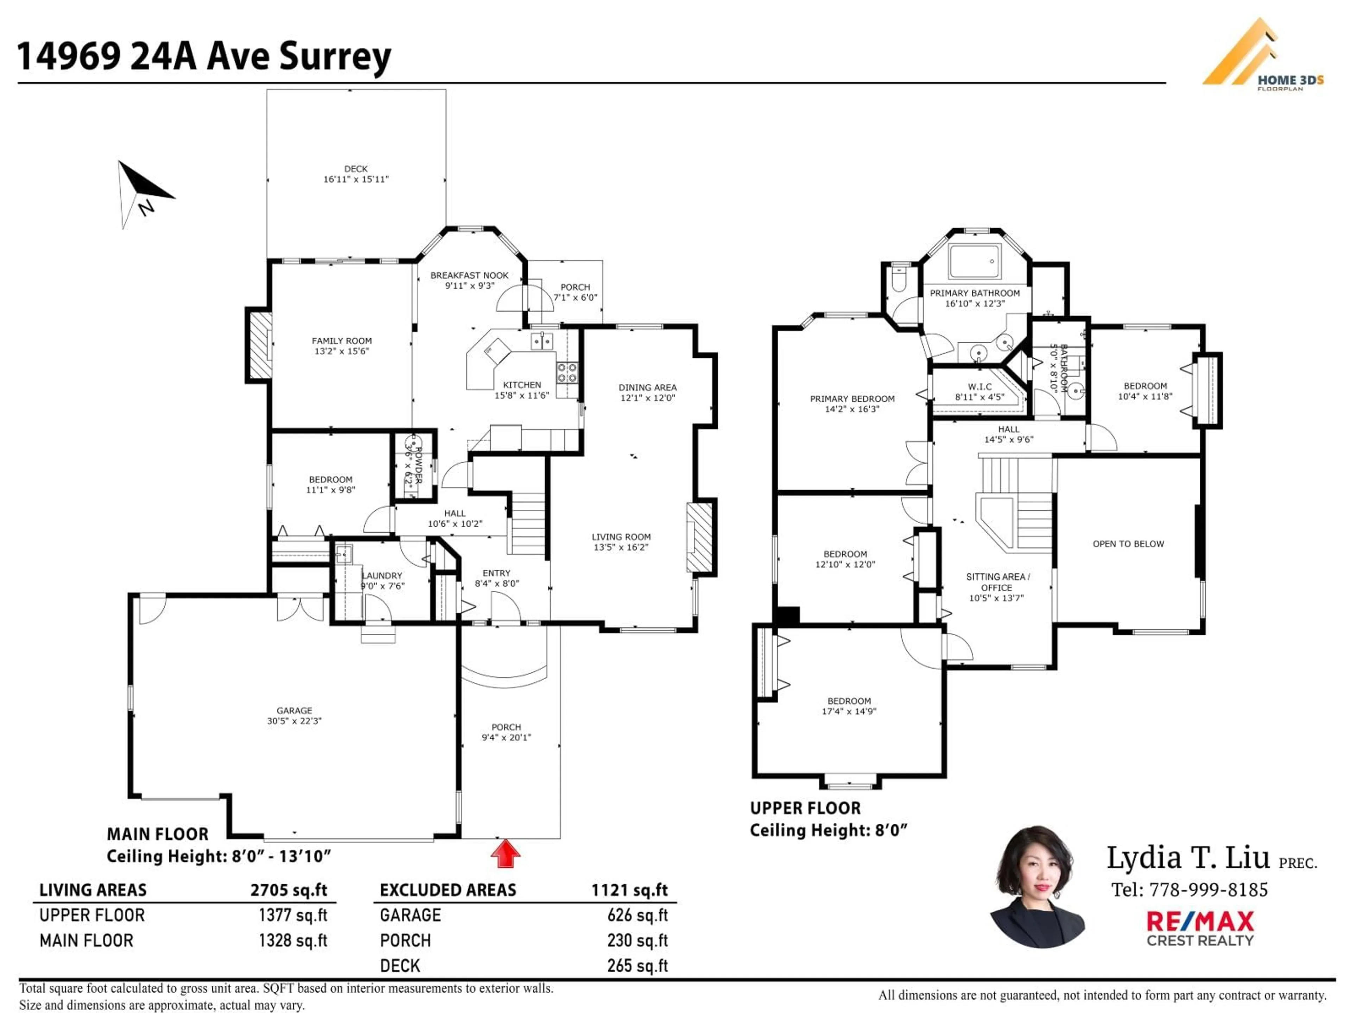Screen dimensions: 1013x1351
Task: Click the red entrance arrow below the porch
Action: click(x=506, y=854)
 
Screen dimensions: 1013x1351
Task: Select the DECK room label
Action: click(x=355, y=168)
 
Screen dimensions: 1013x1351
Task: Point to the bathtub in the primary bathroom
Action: click(x=975, y=261)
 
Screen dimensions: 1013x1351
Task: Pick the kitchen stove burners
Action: click(x=567, y=372)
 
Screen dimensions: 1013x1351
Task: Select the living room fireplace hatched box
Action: click(x=699, y=537)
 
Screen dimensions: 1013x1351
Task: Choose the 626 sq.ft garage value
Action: click(x=637, y=915)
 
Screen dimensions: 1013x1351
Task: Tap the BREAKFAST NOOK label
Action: click(x=469, y=275)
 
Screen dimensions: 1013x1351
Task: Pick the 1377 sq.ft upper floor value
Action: click(x=293, y=915)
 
